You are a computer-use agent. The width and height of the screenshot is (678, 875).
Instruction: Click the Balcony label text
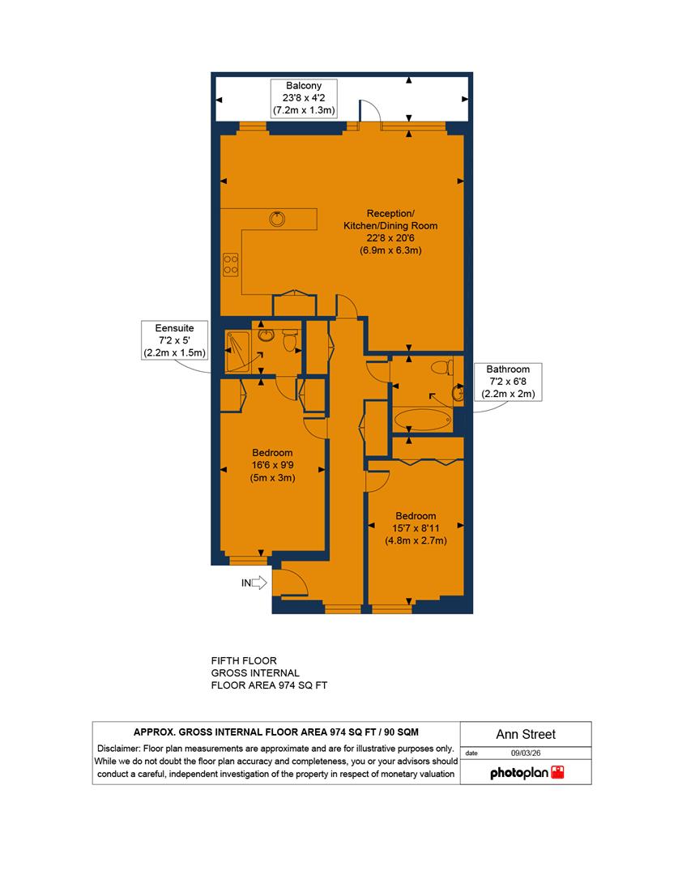tap(303, 85)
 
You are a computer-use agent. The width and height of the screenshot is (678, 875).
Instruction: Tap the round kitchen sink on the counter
tap(277, 217)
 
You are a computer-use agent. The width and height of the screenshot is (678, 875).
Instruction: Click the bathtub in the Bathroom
tap(422, 420)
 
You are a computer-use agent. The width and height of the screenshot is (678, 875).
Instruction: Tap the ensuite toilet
tap(288, 343)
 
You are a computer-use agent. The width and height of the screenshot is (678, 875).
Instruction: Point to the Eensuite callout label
tap(176, 328)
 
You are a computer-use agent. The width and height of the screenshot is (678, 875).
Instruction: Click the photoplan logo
tap(527, 773)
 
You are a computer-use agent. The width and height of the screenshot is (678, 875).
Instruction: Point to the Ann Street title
tap(525, 735)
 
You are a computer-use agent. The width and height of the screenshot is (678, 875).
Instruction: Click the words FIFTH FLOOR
tap(243, 660)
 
